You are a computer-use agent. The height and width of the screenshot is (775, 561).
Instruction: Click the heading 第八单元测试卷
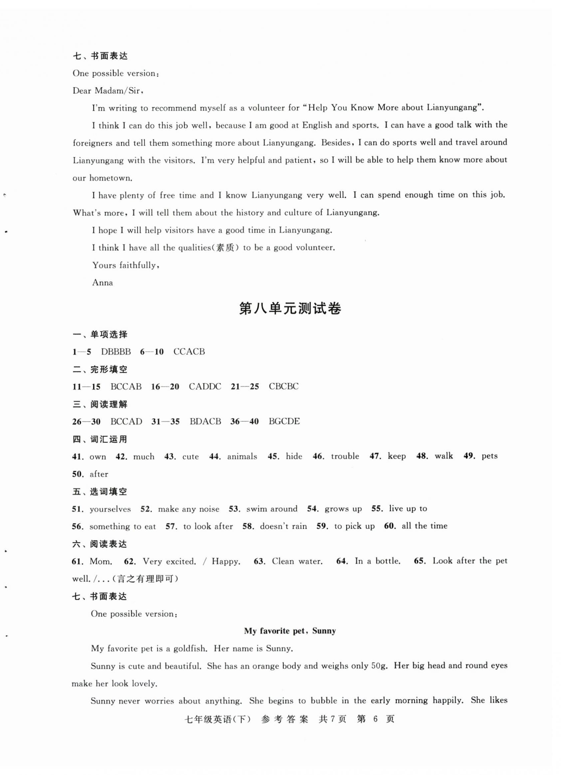[290, 309]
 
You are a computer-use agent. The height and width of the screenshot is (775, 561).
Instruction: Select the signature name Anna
[102, 283]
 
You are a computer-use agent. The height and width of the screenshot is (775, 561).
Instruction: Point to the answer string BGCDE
[284, 421]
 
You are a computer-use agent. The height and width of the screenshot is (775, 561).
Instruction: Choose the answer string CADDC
[205, 386]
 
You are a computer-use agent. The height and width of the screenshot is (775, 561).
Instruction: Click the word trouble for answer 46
[345, 456]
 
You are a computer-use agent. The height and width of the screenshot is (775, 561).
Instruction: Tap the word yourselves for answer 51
[110, 509]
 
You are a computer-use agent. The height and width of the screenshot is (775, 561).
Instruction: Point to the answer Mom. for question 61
[101, 562]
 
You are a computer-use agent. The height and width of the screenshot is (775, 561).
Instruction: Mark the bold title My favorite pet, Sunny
[290, 631]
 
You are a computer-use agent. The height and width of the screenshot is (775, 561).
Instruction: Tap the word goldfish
[190, 649]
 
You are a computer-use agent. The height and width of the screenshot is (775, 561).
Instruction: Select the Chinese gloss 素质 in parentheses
[225, 248]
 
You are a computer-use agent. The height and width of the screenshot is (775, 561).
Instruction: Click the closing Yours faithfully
[126, 265]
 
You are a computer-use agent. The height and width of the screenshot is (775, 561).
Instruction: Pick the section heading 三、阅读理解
[100, 404]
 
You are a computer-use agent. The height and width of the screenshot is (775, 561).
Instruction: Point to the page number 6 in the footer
[376, 719]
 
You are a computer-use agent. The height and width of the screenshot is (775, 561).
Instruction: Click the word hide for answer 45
[294, 456]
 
